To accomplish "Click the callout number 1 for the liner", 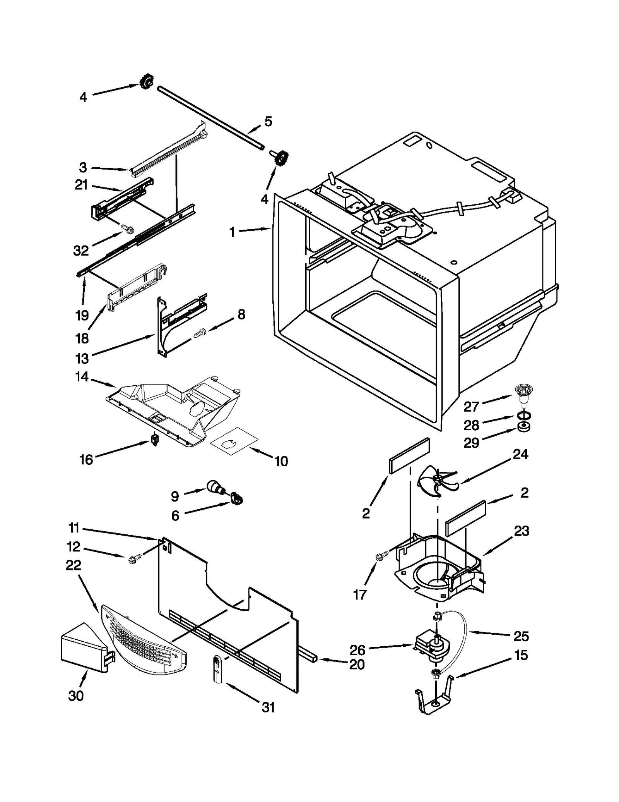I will click(232, 233).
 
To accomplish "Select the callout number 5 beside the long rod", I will click(268, 121).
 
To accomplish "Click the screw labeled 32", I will click(128, 229).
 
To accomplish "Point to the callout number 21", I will click(81, 185).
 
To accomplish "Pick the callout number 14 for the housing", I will click(82, 376).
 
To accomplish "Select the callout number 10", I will click(281, 461).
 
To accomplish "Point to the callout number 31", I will click(268, 707).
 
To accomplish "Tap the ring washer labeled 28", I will click(523, 416).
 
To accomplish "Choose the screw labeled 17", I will click(380, 557).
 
